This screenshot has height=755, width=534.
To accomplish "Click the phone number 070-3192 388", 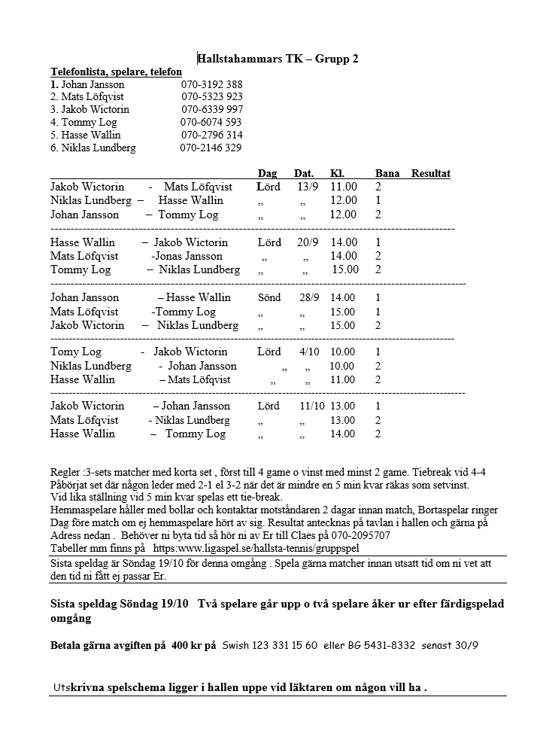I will click(x=211, y=84).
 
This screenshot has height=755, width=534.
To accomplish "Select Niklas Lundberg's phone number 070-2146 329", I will click(x=211, y=148).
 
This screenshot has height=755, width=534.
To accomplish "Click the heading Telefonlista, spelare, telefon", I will click(x=116, y=72).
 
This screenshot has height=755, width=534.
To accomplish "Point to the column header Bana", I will click(x=387, y=173).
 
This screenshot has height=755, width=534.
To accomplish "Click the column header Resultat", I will click(x=431, y=173).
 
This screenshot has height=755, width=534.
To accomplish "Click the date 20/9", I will click(x=308, y=242).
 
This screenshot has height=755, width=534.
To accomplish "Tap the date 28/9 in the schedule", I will click(x=309, y=297).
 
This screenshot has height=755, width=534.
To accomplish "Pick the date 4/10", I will click(x=309, y=352).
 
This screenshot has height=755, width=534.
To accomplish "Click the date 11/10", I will click(x=311, y=406).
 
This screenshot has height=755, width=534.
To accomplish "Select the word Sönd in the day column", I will click(x=269, y=297).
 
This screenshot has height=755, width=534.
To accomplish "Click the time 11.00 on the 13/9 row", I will click(x=344, y=186).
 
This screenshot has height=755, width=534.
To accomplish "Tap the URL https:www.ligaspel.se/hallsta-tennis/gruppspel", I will click(x=256, y=549).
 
